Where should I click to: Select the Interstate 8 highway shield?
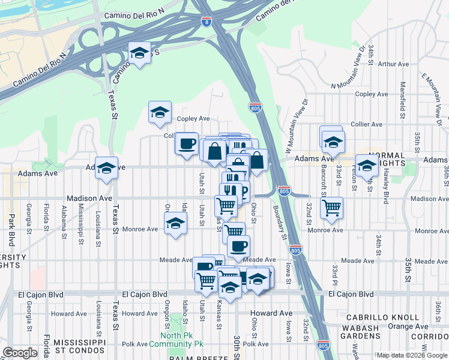[x=207, y=22]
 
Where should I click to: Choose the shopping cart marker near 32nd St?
[x=331, y=208]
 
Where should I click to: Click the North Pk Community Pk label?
[x=182, y=340]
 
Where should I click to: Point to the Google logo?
[x=20, y=352]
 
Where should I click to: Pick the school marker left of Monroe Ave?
[x=175, y=223]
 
